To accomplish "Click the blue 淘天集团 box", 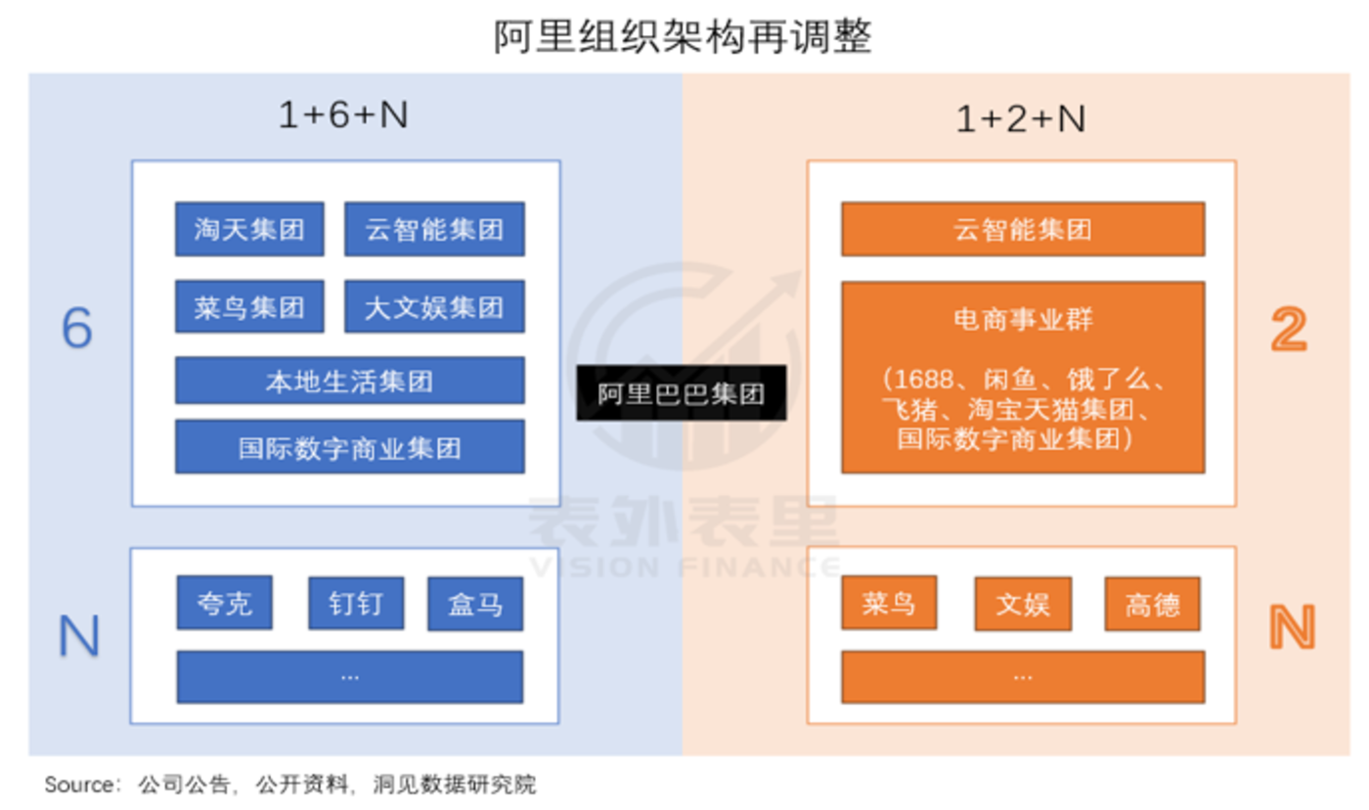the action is click(249, 229).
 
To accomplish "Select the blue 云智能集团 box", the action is click(434, 229).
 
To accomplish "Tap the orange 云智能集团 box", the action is click(1023, 229).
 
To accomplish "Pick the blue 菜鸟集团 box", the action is click(249, 307).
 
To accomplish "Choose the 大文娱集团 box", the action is click(434, 307).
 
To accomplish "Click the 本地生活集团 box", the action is click(350, 381).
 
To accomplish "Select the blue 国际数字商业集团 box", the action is click(350, 447).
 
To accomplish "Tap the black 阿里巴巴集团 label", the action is click(682, 393).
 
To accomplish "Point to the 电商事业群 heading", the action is click(1023, 319).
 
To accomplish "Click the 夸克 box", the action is click(225, 604).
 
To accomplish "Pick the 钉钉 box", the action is click(356, 604).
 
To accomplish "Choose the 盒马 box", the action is click(475, 604).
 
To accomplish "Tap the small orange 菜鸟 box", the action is click(889, 604).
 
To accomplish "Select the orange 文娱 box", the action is click(1023, 604).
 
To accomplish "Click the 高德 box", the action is click(1153, 604).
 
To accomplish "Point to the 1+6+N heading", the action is click(343, 114).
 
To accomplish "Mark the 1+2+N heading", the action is click(1021, 118).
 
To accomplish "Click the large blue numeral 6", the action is click(77, 329).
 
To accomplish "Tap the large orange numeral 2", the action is click(1289, 329).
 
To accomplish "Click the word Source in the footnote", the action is click(79, 785).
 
